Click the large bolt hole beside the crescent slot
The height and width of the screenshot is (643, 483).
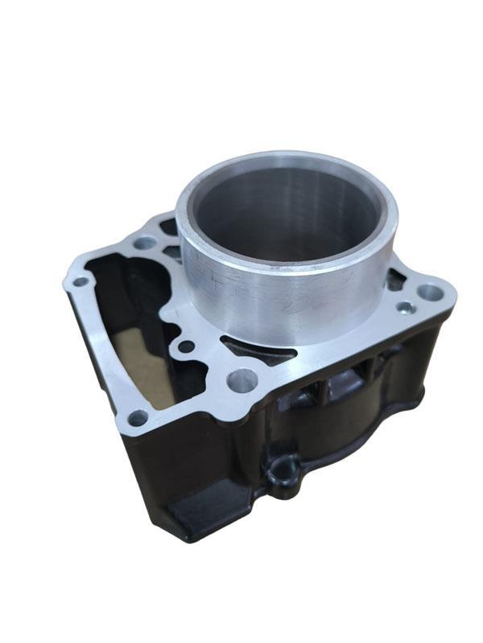tap(242, 379)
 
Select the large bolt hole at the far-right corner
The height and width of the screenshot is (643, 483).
tap(431, 293)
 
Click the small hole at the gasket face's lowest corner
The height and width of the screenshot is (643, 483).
tap(138, 417)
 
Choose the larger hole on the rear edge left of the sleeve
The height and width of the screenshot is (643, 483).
tap(145, 242)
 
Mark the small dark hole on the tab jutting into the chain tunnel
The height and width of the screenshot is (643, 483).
tap(186, 347)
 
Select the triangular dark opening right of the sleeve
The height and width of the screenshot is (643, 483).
tap(395, 280)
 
